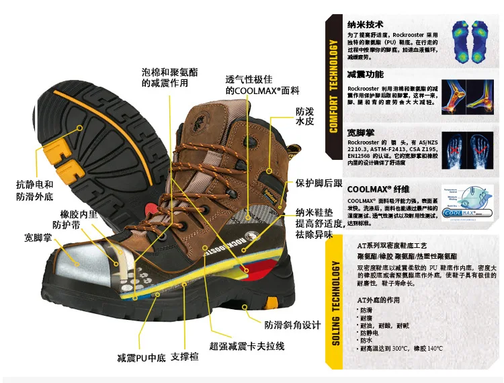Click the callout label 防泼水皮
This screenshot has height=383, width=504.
tap(304, 118)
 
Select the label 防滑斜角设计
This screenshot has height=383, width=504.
tap(292, 325)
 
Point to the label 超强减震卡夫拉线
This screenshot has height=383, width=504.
tap(247, 346)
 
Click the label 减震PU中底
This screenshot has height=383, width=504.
tap(141, 357)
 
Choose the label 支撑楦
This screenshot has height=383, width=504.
tap(185, 357)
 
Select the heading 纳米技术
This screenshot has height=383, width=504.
tap(365, 22)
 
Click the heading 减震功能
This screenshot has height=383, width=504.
tap(365, 74)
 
